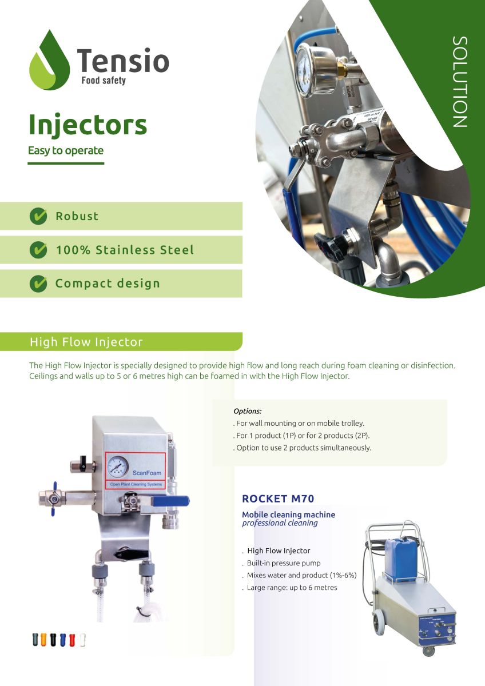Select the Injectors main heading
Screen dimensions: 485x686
(88, 125)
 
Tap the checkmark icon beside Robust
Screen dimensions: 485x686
(38, 216)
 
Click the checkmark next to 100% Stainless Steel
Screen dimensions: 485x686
(38, 250)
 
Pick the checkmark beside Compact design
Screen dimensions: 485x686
(38, 284)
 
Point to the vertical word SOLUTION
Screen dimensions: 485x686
(460, 82)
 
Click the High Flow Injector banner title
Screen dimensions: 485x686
(86, 342)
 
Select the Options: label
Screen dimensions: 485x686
(248, 411)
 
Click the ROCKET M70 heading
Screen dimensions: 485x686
(278, 499)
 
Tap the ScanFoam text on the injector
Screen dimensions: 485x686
(147, 473)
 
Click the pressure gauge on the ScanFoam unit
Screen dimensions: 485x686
(118, 466)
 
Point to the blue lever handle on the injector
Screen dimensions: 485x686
(171, 501)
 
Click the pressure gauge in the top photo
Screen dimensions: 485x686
(307, 70)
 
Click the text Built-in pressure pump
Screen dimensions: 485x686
(284, 563)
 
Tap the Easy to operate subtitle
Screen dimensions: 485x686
(66, 151)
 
